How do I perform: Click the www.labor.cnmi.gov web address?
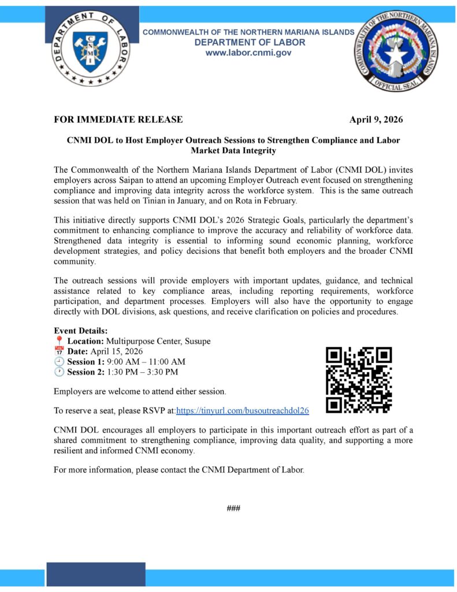pos(248,53)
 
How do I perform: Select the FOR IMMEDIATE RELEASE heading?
pos(118,120)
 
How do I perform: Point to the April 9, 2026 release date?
pos(376,120)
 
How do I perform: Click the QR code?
pos(359,380)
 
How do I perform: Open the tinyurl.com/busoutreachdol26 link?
pos(243,410)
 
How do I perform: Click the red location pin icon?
pos(58,341)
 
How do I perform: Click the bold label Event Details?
pos(80,331)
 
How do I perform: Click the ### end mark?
pos(233,508)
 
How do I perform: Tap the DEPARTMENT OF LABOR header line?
pos(250,42)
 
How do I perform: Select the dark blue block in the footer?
pos(95,574)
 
